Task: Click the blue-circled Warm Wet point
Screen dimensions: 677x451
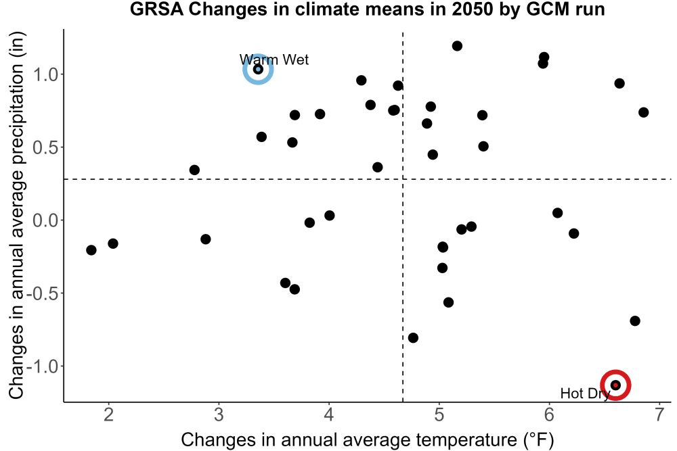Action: coord(258,69)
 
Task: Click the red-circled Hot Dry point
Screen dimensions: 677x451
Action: coord(615,385)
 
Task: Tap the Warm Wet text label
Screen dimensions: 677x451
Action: coord(274,60)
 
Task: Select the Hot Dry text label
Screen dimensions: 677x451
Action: coord(585,394)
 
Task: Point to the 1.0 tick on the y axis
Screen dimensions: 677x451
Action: coord(45,74)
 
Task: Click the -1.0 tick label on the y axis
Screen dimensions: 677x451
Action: coord(42,366)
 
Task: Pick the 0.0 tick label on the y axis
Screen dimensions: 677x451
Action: coord(45,220)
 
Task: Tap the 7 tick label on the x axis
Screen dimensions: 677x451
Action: coord(659,414)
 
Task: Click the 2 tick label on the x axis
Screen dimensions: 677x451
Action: coord(109,414)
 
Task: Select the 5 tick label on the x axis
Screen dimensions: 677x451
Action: coord(439,414)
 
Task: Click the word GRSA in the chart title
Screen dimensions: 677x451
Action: coord(157,9)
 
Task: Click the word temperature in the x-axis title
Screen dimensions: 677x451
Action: coord(463,440)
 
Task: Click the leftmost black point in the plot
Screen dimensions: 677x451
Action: coord(91,250)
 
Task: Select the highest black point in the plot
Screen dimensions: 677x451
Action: coord(457,46)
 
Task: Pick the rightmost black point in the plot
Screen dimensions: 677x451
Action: coord(643,112)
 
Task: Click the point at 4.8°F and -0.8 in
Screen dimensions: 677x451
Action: coord(413,337)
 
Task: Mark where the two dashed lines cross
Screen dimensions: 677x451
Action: coord(403,179)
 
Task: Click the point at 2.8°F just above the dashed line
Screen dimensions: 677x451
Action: coord(194,170)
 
